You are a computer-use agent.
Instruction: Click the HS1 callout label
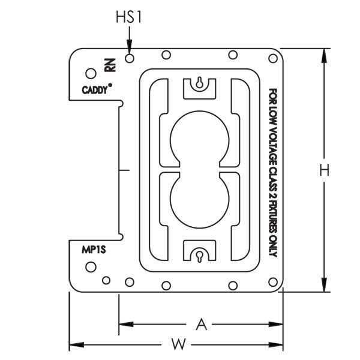(x=128, y=18)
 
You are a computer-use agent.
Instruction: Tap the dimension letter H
(x=324, y=170)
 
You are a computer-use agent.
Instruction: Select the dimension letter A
(x=202, y=325)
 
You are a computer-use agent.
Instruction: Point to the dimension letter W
(x=177, y=345)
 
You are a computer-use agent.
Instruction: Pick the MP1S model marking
(x=93, y=249)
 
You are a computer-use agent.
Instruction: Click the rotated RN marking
(x=109, y=66)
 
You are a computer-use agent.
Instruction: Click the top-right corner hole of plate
(x=272, y=58)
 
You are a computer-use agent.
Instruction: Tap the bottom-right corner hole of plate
(x=272, y=281)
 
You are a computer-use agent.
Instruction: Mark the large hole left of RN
(x=91, y=73)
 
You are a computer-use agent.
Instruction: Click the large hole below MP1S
(x=91, y=266)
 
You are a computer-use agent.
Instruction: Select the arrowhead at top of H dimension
(x=324, y=56)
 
